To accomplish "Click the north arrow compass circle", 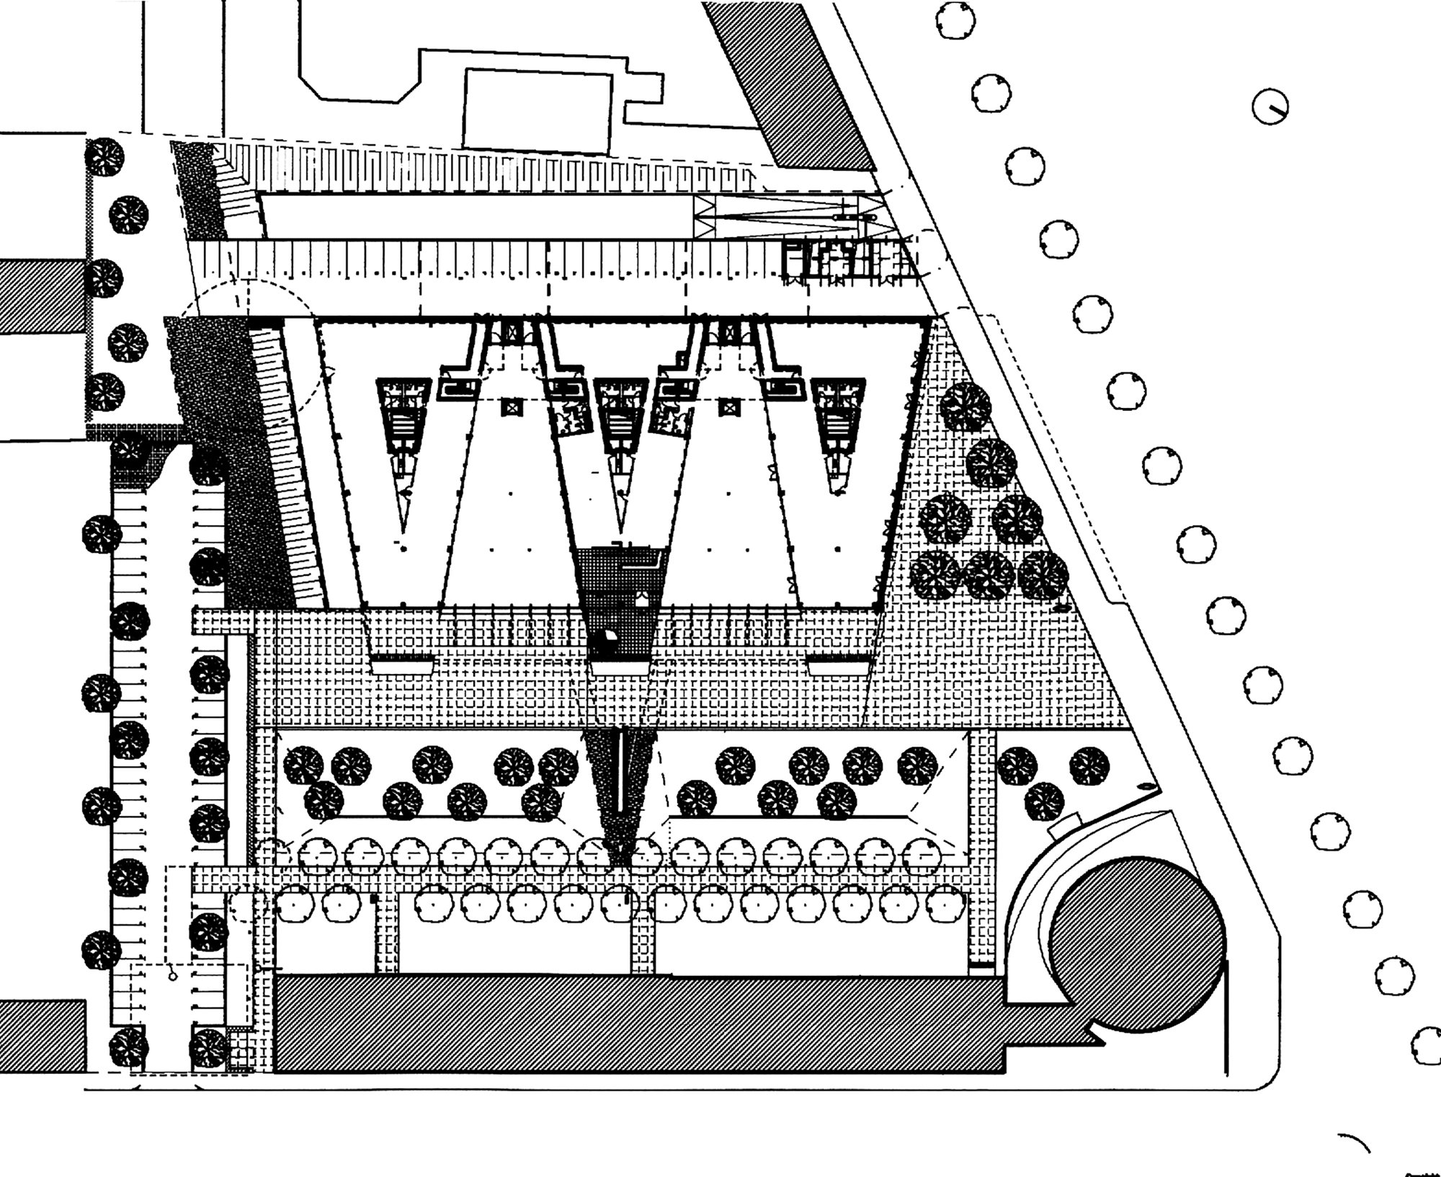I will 1270,109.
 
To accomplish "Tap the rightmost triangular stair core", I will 836,425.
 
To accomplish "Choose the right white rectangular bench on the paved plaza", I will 837,665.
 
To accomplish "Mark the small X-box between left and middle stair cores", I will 511,407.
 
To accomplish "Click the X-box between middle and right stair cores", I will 728,407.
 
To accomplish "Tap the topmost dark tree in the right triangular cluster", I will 965,406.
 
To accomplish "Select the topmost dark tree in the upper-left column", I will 104,156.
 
